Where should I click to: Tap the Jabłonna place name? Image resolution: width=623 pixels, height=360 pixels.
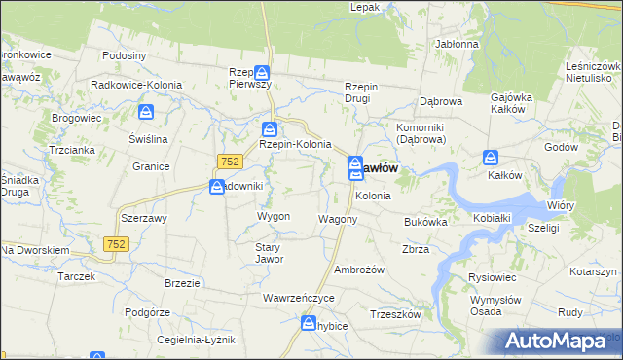[458, 44]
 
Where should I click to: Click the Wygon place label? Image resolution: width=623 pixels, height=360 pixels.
[274, 216]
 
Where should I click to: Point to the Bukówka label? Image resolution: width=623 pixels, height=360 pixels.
[425, 222]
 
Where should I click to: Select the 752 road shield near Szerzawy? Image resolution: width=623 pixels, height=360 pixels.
[117, 242]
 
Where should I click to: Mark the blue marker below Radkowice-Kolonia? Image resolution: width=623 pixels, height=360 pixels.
[146, 112]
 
